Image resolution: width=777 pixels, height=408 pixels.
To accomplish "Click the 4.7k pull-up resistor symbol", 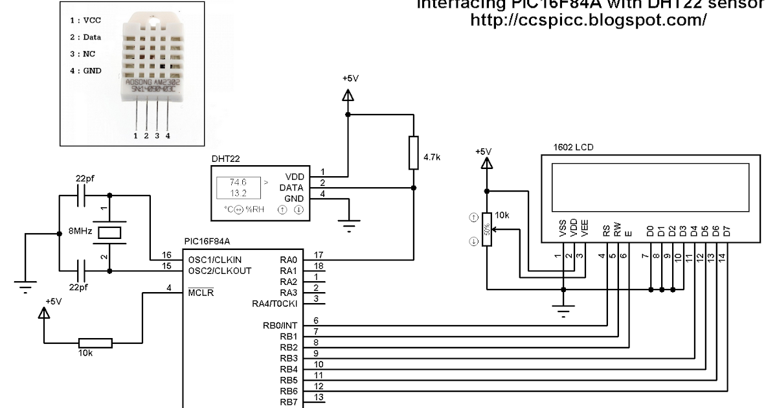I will pyautogui.click(x=414, y=153).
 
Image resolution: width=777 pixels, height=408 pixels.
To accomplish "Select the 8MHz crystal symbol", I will pyautogui.click(x=110, y=233).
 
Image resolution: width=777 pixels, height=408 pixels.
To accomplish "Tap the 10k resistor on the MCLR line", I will pyautogui.click(x=95, y=343).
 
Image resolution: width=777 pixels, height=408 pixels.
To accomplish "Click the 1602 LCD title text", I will pyautogui.click(x=573, y=147).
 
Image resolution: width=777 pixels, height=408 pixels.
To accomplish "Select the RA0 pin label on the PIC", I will pyautogui.click(x=288, y=259).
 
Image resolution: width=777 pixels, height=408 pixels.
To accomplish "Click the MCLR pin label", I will pyautogui.click(x=201, y=292).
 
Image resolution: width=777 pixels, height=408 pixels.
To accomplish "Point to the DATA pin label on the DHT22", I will pyautogui.click(x=291, y=187).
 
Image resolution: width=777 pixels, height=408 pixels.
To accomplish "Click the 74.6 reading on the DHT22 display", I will pyautogui.click(x=238, y=183).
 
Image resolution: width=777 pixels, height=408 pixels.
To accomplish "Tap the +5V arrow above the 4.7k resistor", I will pyautogui.click(x=348, y=95).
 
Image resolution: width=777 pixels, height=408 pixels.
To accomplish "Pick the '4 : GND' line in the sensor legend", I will pyautogui.click(x=86, y=71).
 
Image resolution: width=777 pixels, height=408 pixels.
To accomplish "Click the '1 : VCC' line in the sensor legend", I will pyautogui.click(x=86, y=21).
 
